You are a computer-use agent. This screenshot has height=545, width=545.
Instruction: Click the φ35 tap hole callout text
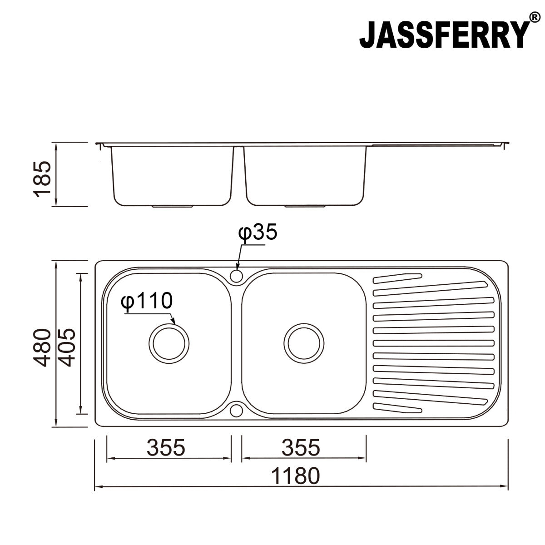pyautogui.click(x=258, y=233)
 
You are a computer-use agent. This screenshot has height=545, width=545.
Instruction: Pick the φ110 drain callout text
pyautogui.click(x=147, y=301)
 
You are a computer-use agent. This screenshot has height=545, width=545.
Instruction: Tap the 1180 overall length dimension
pyautogui.click(x=296, y=476)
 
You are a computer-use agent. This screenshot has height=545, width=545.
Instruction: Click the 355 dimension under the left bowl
pyautogui.click(x=166, y=448)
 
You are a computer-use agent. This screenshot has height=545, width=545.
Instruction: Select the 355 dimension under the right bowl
pyautogui.click(x=301, y=448)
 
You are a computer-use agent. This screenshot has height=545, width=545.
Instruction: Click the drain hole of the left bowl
pyautogui.click(x=169, y=343)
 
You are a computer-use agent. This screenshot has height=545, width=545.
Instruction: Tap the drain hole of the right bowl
pyautogui.click(x=304, y=343)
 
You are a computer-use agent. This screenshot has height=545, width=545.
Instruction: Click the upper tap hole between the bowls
pyautogui.click(x=236, y=275)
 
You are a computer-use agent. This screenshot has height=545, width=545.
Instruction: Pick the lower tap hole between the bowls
pyautogui.click(x=236, y=410)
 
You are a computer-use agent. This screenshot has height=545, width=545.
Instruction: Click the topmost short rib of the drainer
pyautogui.click(x=398, y=277)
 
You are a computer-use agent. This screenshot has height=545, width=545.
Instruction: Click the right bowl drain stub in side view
pyautogui.click(x=306, y=207)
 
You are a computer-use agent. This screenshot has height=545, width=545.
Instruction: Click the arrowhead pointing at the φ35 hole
pyautogui.click(x=237, y=268)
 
